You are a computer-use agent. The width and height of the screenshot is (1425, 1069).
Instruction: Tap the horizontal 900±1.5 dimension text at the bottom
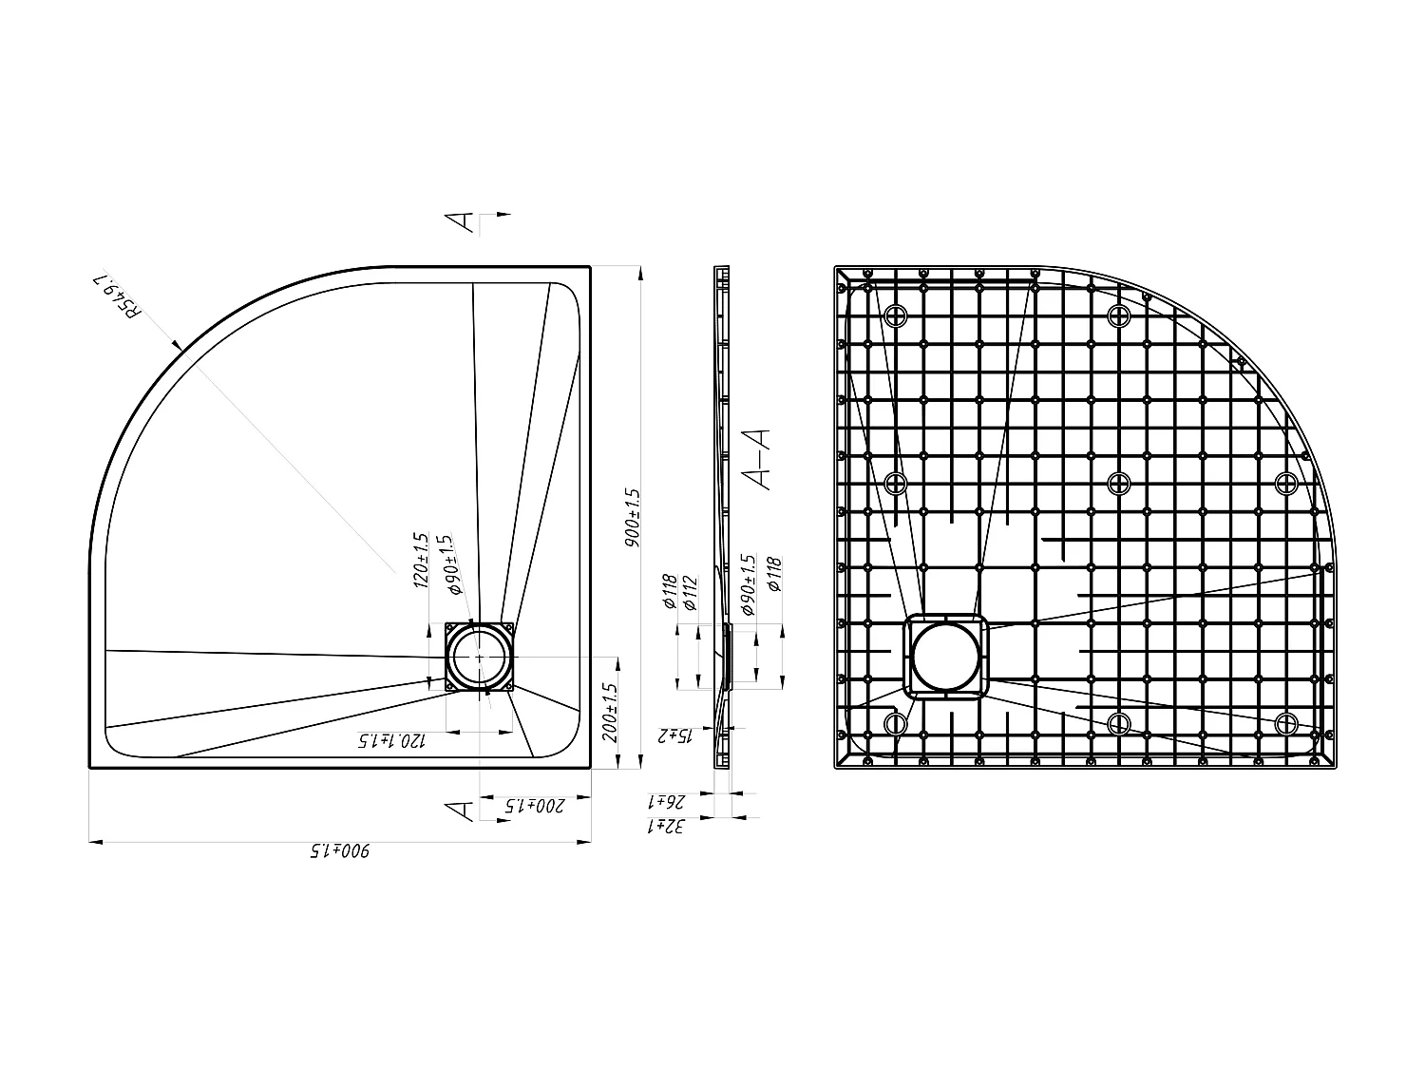340,851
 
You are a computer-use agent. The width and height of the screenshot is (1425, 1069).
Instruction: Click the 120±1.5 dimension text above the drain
423,561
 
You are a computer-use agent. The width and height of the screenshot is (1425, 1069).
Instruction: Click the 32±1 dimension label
669,827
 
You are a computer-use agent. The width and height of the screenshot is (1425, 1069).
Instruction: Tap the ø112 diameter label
691,593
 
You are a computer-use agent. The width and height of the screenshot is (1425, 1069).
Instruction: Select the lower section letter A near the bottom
461,811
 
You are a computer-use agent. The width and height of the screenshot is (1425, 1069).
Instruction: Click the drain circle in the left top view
480,658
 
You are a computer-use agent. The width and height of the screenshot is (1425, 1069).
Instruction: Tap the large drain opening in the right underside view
945,657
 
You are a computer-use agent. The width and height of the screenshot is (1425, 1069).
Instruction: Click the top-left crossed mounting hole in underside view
896,316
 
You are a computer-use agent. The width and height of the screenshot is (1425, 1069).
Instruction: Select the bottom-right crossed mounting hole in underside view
1287,723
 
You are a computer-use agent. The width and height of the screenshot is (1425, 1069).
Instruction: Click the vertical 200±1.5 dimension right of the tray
610,713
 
